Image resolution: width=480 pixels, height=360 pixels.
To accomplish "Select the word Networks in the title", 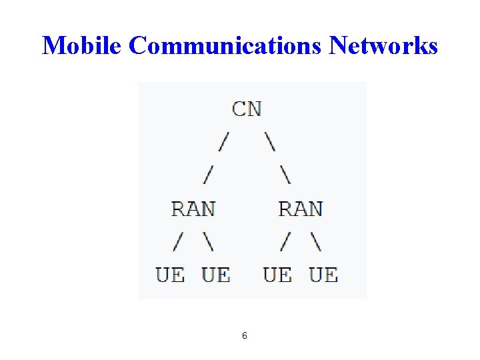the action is [384, 46].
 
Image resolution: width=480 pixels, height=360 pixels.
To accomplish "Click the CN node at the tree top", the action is [247, 109].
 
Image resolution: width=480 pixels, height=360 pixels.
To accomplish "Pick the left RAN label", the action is [193, 209].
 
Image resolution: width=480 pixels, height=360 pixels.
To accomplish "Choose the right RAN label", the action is [301, 209].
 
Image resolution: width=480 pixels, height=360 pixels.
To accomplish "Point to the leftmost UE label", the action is [170, 275].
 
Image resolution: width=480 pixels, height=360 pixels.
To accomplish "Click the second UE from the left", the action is [216, 275].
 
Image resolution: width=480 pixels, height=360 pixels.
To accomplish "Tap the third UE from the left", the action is [277, 275].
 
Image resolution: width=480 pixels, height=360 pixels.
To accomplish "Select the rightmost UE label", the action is [323, 275].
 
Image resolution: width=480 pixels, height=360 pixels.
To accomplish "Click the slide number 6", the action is [245, 335].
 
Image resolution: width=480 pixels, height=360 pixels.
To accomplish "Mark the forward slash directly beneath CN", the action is [225, 142].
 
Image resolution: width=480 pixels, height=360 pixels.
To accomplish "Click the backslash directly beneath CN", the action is [270, 142].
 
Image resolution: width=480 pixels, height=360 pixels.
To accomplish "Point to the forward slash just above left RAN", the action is [209, 175].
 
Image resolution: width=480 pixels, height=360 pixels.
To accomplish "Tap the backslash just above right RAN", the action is [285, 175].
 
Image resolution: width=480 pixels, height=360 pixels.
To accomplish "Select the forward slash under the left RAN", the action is [178, 242].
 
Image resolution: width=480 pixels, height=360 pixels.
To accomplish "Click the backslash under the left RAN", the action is [209, 242].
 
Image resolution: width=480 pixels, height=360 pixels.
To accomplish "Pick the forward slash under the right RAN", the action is [285, 242].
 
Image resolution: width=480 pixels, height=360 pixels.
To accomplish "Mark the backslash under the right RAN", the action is [316, 242].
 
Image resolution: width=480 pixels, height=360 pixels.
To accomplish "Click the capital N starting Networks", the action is [340, 46].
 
